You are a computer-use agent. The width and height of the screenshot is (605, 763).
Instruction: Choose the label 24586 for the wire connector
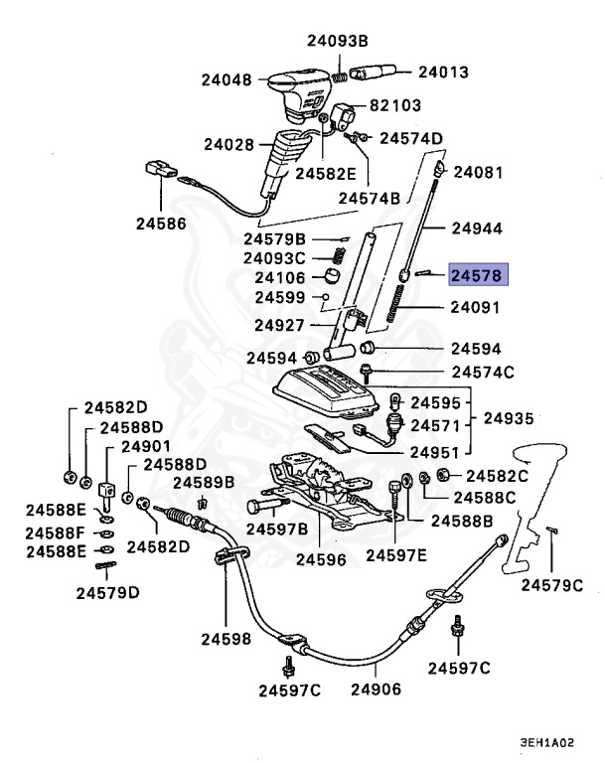pyautogui.click(x=161, y=224)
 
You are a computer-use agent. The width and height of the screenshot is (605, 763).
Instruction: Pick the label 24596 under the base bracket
pyautogui.click(x=319, y=559)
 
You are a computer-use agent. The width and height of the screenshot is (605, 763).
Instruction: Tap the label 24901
pyautogui.click(x=146, y=446)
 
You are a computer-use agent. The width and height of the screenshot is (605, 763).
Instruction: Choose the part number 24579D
pyautogui.click(x=107, y=593)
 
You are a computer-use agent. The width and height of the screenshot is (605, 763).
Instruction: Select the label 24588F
pyautogui.click(x=56, y=533)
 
